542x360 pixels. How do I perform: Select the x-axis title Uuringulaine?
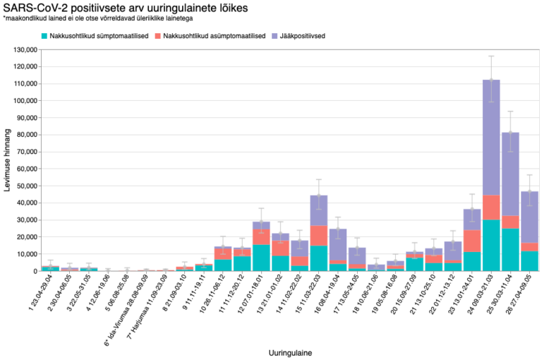pos(291,352)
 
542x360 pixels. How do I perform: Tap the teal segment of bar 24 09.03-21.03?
pos(492,246)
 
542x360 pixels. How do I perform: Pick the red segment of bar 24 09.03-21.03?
pos(492,208)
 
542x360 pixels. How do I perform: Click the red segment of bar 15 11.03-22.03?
pos(318,236)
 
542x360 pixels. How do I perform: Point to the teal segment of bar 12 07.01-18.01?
pos(261,258)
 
